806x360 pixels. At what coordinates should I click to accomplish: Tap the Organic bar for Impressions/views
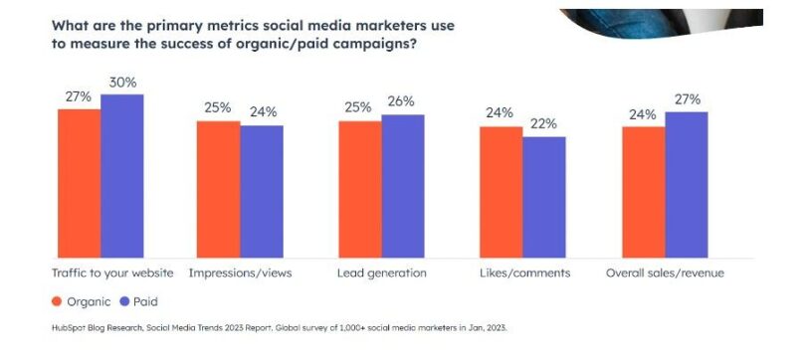[218, 188]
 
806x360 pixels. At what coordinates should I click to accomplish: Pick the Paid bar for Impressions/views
[262, 190]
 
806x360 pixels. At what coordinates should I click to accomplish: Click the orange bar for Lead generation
[359, 188]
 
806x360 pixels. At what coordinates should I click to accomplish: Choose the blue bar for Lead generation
[402, 185]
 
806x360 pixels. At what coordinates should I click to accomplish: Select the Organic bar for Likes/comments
[501, 191]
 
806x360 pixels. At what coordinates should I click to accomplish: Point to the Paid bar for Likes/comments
[544, 196]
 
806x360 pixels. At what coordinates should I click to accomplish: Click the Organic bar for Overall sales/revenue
[643, 191]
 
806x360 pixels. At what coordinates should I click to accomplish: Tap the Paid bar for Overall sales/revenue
[686, 183]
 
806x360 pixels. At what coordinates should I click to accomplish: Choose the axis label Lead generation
[381, 271]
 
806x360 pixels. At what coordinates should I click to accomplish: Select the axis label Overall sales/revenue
[665, 271]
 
